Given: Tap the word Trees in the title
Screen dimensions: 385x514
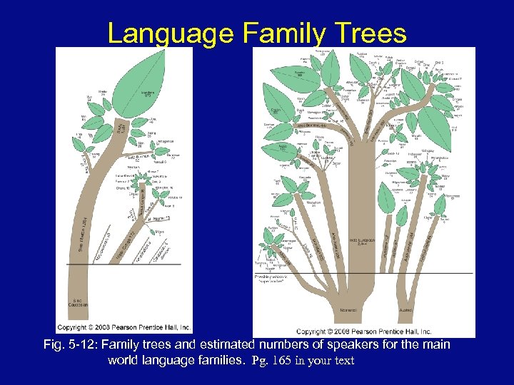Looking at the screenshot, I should click(370, 34).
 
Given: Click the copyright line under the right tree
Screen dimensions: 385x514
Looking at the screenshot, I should click(363, 332).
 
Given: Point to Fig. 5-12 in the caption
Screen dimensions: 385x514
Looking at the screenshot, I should click(69, 345).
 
